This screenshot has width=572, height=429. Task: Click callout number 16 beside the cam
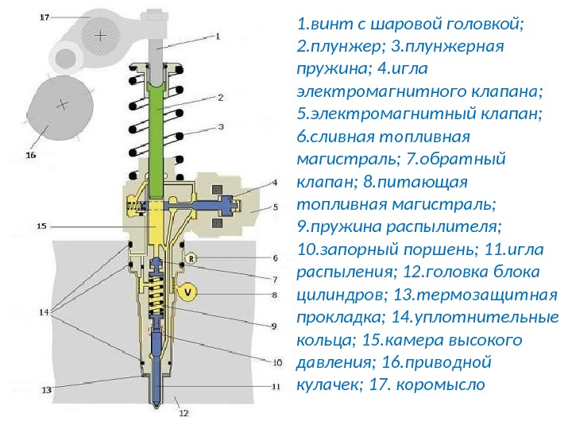[x=31, y=156]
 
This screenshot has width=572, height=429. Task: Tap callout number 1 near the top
[x=217, y=36]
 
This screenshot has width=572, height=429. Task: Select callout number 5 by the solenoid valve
[x=276, y=207]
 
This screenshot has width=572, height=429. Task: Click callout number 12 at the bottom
[x=184, y=413]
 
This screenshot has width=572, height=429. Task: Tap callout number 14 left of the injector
[x=44, y=312]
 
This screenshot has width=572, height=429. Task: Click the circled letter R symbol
[x=191, y=257]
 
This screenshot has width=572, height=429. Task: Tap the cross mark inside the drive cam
[x=63, y=104]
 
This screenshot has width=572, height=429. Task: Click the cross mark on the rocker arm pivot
[x=100, y=37]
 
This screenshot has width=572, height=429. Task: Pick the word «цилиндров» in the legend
[x=334, y=296]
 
